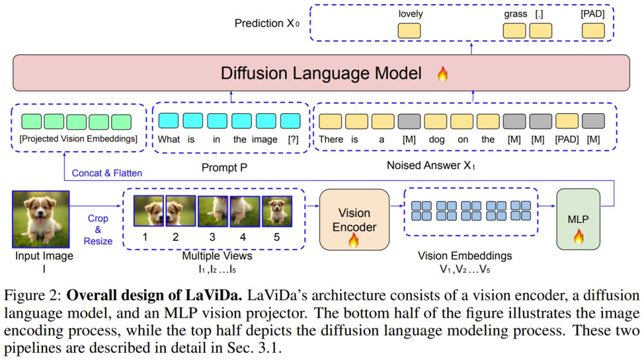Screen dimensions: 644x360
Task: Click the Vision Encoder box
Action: pyautogui.click(x=354, y=219)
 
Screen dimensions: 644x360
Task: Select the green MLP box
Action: pyautogui.click(x=578, y=219)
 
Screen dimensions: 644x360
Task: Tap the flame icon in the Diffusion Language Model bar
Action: pyautogui.click(x=442, y=74)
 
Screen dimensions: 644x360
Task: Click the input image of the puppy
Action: pyautogui.click(x=41, y=219)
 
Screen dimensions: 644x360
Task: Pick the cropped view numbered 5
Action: pyautogui.click(x=277, y=211)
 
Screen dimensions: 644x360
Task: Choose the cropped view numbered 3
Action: pyautogui.click(x=213, y=211)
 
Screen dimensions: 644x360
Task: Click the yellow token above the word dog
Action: pyautogui.click(x=435, y=122)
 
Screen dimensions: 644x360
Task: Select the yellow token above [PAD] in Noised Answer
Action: pyautogui.click(x=567, y=122)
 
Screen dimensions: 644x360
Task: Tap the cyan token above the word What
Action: pyautogui.click(x=168, y=121)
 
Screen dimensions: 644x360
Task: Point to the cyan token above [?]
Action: pyautogui.click(x=290, y=121)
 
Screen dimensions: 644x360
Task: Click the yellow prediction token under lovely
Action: pyautogui.click(x=409, y=31)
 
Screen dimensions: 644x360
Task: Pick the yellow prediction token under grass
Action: pyautogui.click(x=515, y=31)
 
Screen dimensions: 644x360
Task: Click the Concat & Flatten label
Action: pyautogui.click(x=107, y=173)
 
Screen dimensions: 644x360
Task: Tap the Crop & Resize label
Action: pyautogui.click(x=98, y=229)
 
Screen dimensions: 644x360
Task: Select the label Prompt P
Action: pyautogui.click(x=224, y=167)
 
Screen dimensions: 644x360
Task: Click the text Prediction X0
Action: pyautogui.click(x=267, y=23)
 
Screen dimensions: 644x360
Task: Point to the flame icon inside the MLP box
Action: pyautogui.click(x=578, y=236)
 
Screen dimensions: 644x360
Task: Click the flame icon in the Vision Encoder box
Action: pyautogui.click(x=354, y=240)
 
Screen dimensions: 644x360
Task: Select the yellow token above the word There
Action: pyautogui.click(x=330, y=122)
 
